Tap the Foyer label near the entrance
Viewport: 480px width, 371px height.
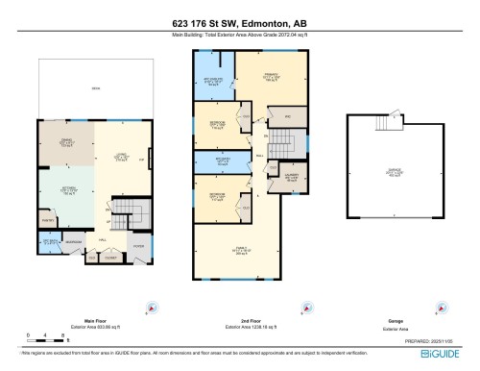138,245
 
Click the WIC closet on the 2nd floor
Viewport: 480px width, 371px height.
287,117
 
